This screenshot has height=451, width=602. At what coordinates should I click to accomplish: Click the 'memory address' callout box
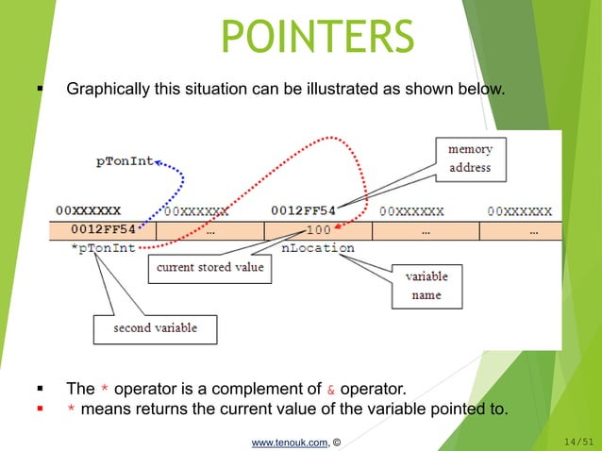click(x=469, y=158)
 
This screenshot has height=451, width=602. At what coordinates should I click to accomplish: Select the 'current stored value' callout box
click(x=210, y=268)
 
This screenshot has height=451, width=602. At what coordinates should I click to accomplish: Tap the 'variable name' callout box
click(x=426, y=285)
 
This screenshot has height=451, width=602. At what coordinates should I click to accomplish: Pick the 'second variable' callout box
click(x=156, y=328)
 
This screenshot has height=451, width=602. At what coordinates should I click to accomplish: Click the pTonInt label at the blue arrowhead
click(x=124, y=161)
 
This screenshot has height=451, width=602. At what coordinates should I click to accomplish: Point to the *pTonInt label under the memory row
click(x=104, y=249)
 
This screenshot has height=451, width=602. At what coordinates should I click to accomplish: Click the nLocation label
click(x=318, y=248)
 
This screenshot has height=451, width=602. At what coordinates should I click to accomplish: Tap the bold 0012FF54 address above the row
click(x=304, y=209)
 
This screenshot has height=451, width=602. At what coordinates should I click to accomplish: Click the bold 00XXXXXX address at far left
click(x=88, y=209)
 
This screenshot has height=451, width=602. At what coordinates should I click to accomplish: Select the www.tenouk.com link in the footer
click(x=289, y=441)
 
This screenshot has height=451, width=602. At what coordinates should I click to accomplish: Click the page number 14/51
click(x=577, y=441)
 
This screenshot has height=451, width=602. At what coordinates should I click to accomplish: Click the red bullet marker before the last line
click(x=40, y=409)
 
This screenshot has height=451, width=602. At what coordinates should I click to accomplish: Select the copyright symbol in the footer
click(x=337, y=441)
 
